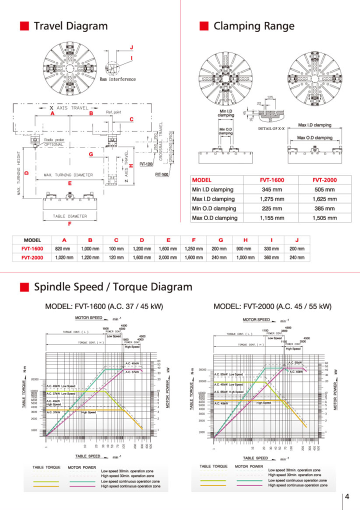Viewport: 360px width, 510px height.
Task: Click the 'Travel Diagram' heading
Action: point(70,26)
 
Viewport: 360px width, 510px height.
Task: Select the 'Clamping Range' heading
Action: point(253,26)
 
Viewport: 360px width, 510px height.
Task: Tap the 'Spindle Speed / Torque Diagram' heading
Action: point(112,287)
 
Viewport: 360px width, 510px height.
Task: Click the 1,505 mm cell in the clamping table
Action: point(323,218)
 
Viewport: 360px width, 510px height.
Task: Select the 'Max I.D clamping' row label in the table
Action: point(214,199)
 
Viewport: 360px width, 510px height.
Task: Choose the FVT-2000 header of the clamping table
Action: point(323,180)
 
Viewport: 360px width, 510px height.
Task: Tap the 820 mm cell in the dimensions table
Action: point(62,248)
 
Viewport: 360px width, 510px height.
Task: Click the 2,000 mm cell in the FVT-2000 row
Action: point(168,257)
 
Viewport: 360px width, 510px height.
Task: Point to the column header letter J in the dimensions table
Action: point(296,239)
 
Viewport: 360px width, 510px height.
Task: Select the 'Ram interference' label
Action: point(117,79)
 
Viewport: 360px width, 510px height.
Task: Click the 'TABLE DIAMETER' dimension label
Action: point(70,216)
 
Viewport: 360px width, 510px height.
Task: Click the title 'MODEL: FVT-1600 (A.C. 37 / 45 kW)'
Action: point(104,306)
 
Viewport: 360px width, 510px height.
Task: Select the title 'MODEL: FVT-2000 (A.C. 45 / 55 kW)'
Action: point(272,306)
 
